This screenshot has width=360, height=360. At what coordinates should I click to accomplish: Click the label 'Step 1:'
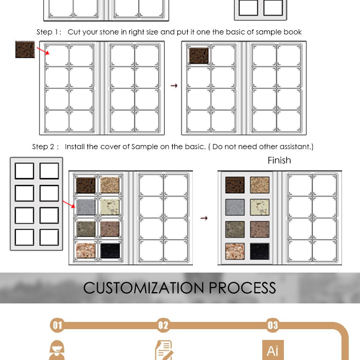(49, 32)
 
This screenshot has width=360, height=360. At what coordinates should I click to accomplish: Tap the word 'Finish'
(279, 160)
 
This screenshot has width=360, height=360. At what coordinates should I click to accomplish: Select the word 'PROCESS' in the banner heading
(242, 287)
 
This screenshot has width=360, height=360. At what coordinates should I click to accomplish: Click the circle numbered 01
(57, 325)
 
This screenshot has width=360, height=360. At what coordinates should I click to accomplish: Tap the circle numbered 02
(163, 325)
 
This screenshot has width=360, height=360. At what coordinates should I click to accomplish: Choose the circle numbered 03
(273, 325)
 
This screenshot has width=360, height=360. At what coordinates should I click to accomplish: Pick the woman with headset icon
(57, 350)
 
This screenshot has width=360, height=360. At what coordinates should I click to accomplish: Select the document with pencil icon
(164, 350)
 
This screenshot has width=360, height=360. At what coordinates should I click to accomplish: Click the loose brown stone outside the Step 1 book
(25, 49)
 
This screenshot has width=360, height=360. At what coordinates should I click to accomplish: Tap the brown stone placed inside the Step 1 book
(199, 56)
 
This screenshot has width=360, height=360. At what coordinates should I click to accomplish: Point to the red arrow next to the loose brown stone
(43, 51)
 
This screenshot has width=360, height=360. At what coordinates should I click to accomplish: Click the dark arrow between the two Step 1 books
(174, 86)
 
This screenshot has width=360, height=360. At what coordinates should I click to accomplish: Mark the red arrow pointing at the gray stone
(69, 204)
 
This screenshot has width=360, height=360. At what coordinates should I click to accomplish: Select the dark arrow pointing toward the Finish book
(204, 218)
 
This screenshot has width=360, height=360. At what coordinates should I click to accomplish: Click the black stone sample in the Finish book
(260, 251)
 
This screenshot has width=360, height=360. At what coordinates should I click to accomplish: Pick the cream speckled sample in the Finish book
(260, 207)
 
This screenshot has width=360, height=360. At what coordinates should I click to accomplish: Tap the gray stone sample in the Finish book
(235, 207)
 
